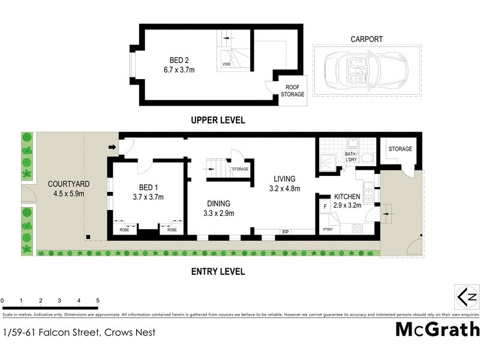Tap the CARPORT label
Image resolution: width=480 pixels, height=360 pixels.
pos(366,40)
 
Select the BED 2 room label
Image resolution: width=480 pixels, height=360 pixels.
pos(180,60)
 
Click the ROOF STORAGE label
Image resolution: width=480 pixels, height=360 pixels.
pos(293,90)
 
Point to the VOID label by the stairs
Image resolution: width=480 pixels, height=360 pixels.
pos(226,64)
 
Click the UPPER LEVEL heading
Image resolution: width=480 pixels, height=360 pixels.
pos(218,120)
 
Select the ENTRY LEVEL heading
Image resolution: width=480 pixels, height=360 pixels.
pos(218,272)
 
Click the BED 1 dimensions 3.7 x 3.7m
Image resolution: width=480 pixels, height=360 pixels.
pos(148,197)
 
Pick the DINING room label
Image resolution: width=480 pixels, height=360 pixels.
pos(218,203)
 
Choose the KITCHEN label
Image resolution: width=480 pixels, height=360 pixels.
pos(346,197)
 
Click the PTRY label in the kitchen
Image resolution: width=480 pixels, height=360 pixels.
pos(328,229)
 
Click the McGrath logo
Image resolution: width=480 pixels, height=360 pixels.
pos(437,329)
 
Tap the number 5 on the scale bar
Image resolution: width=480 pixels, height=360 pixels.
pos(97,300)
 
